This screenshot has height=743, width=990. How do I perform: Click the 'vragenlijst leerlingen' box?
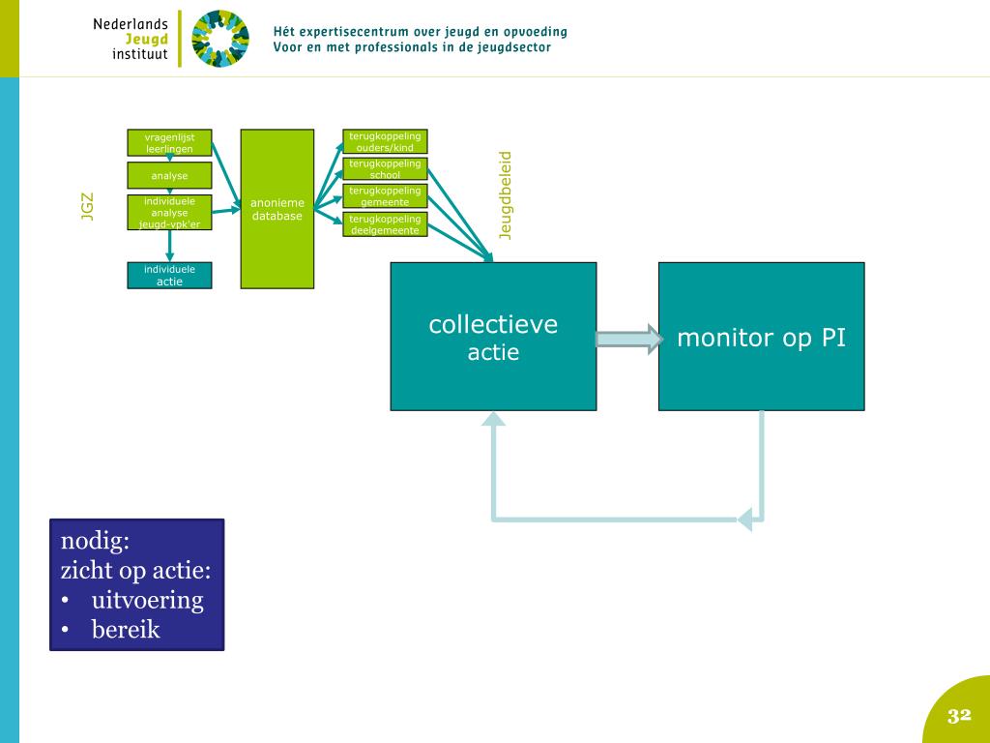point(169,143)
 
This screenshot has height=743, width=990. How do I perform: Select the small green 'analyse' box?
point(169,176)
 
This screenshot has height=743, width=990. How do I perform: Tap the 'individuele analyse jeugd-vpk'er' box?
point(169,213)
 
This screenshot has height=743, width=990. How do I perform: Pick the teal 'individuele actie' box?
point(169,276)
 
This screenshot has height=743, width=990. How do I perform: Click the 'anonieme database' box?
point(277,209)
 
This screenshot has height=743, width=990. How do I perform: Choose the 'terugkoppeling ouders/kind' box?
point(385,142)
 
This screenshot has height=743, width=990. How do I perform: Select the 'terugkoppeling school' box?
point(385,169)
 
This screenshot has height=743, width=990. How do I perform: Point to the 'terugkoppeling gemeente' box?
point(385,196)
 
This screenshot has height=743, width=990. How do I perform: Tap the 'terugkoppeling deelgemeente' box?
point(385,224)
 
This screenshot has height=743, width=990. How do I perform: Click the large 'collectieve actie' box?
point(493,337)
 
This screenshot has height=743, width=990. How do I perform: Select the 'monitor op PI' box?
point(761,337)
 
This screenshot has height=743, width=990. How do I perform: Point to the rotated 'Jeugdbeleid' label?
point(505,194)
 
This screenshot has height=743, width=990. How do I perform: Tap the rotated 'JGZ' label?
point(88,207)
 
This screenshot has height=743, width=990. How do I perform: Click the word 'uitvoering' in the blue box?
point(147,600)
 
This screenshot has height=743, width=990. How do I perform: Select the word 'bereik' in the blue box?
point(126,630)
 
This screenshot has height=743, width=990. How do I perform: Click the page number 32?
point(958,716)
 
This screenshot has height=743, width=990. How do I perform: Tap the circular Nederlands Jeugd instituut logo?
point(219,39)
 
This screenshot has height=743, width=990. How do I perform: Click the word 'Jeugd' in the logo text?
point(146,39)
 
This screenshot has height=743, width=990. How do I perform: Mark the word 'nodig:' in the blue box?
point(95,540)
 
